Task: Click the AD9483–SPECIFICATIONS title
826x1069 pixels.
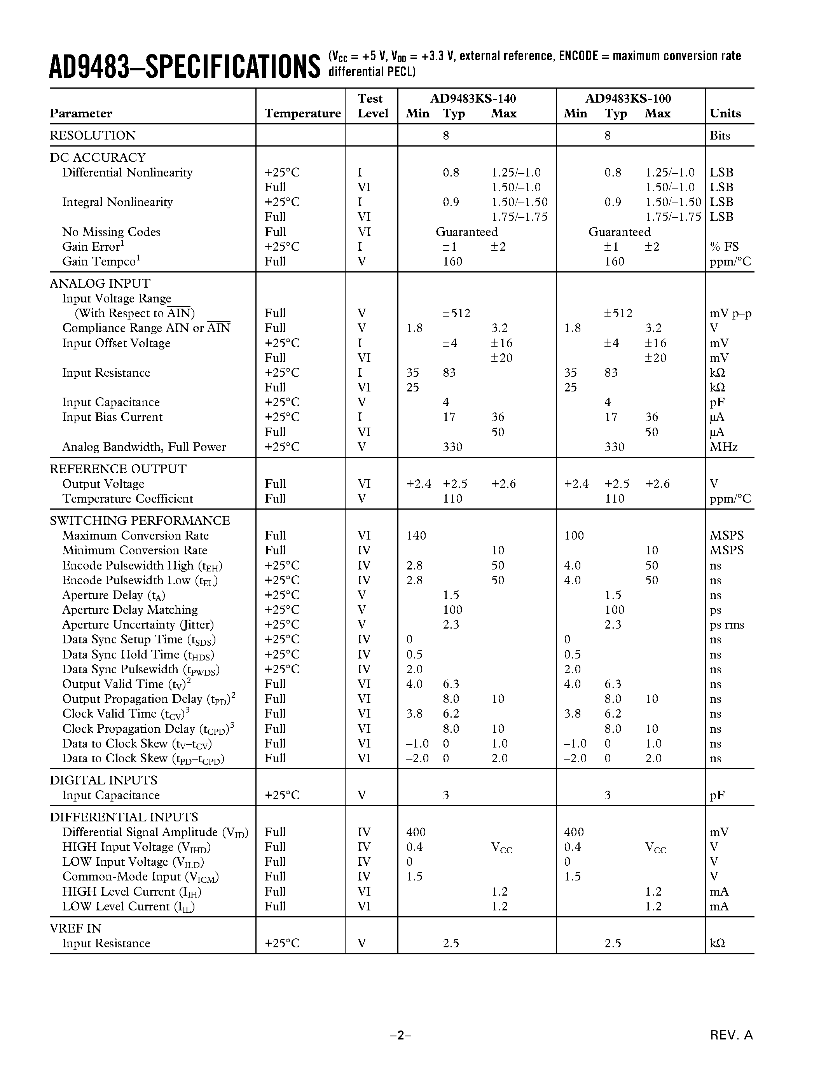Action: click(x=185, y=66)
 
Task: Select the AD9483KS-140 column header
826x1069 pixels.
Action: click(x=473, y=98)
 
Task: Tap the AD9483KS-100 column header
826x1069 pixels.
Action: click(x=628, y=98)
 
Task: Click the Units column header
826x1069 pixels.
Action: click(x=725, y=114)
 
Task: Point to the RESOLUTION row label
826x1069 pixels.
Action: click(x=93, y=136)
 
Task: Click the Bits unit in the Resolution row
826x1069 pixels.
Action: click(x=720, y=136)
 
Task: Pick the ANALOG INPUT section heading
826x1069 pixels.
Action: click(x=100, y=284)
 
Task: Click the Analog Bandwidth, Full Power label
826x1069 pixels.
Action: click(x=144, y=447)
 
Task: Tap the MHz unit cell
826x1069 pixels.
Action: click(x=723, y=447)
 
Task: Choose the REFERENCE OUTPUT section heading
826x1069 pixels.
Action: click(x=118, y=469)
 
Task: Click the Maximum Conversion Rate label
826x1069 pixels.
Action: click(x=135, y=536)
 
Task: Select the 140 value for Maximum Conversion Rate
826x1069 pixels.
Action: click(x=416, y=536)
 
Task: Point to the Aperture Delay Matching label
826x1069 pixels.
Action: click(x=130, y=610)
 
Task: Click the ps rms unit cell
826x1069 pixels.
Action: click(x=726, y=625)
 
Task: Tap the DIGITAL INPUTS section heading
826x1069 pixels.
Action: click(x=103, y=780)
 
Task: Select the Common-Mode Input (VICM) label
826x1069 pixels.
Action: click(x=140, y=877)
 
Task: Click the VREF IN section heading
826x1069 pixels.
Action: click(x=75, y=929)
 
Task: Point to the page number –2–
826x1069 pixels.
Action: click(x=400, y=1035)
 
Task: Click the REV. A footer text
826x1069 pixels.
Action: click(x=732, y=1035)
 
